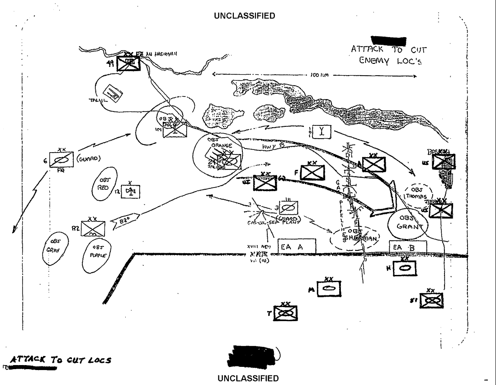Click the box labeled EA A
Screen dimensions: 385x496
click(x=296, y=247)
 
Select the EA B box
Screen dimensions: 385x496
click(x=408, y=247)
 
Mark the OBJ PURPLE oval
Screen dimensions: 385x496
click(x=99, y=250)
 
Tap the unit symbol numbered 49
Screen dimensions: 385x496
click(x=129, y=63)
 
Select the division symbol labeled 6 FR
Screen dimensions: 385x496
click(x=61, y=159)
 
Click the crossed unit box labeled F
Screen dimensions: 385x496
click(x=312, y=173)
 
